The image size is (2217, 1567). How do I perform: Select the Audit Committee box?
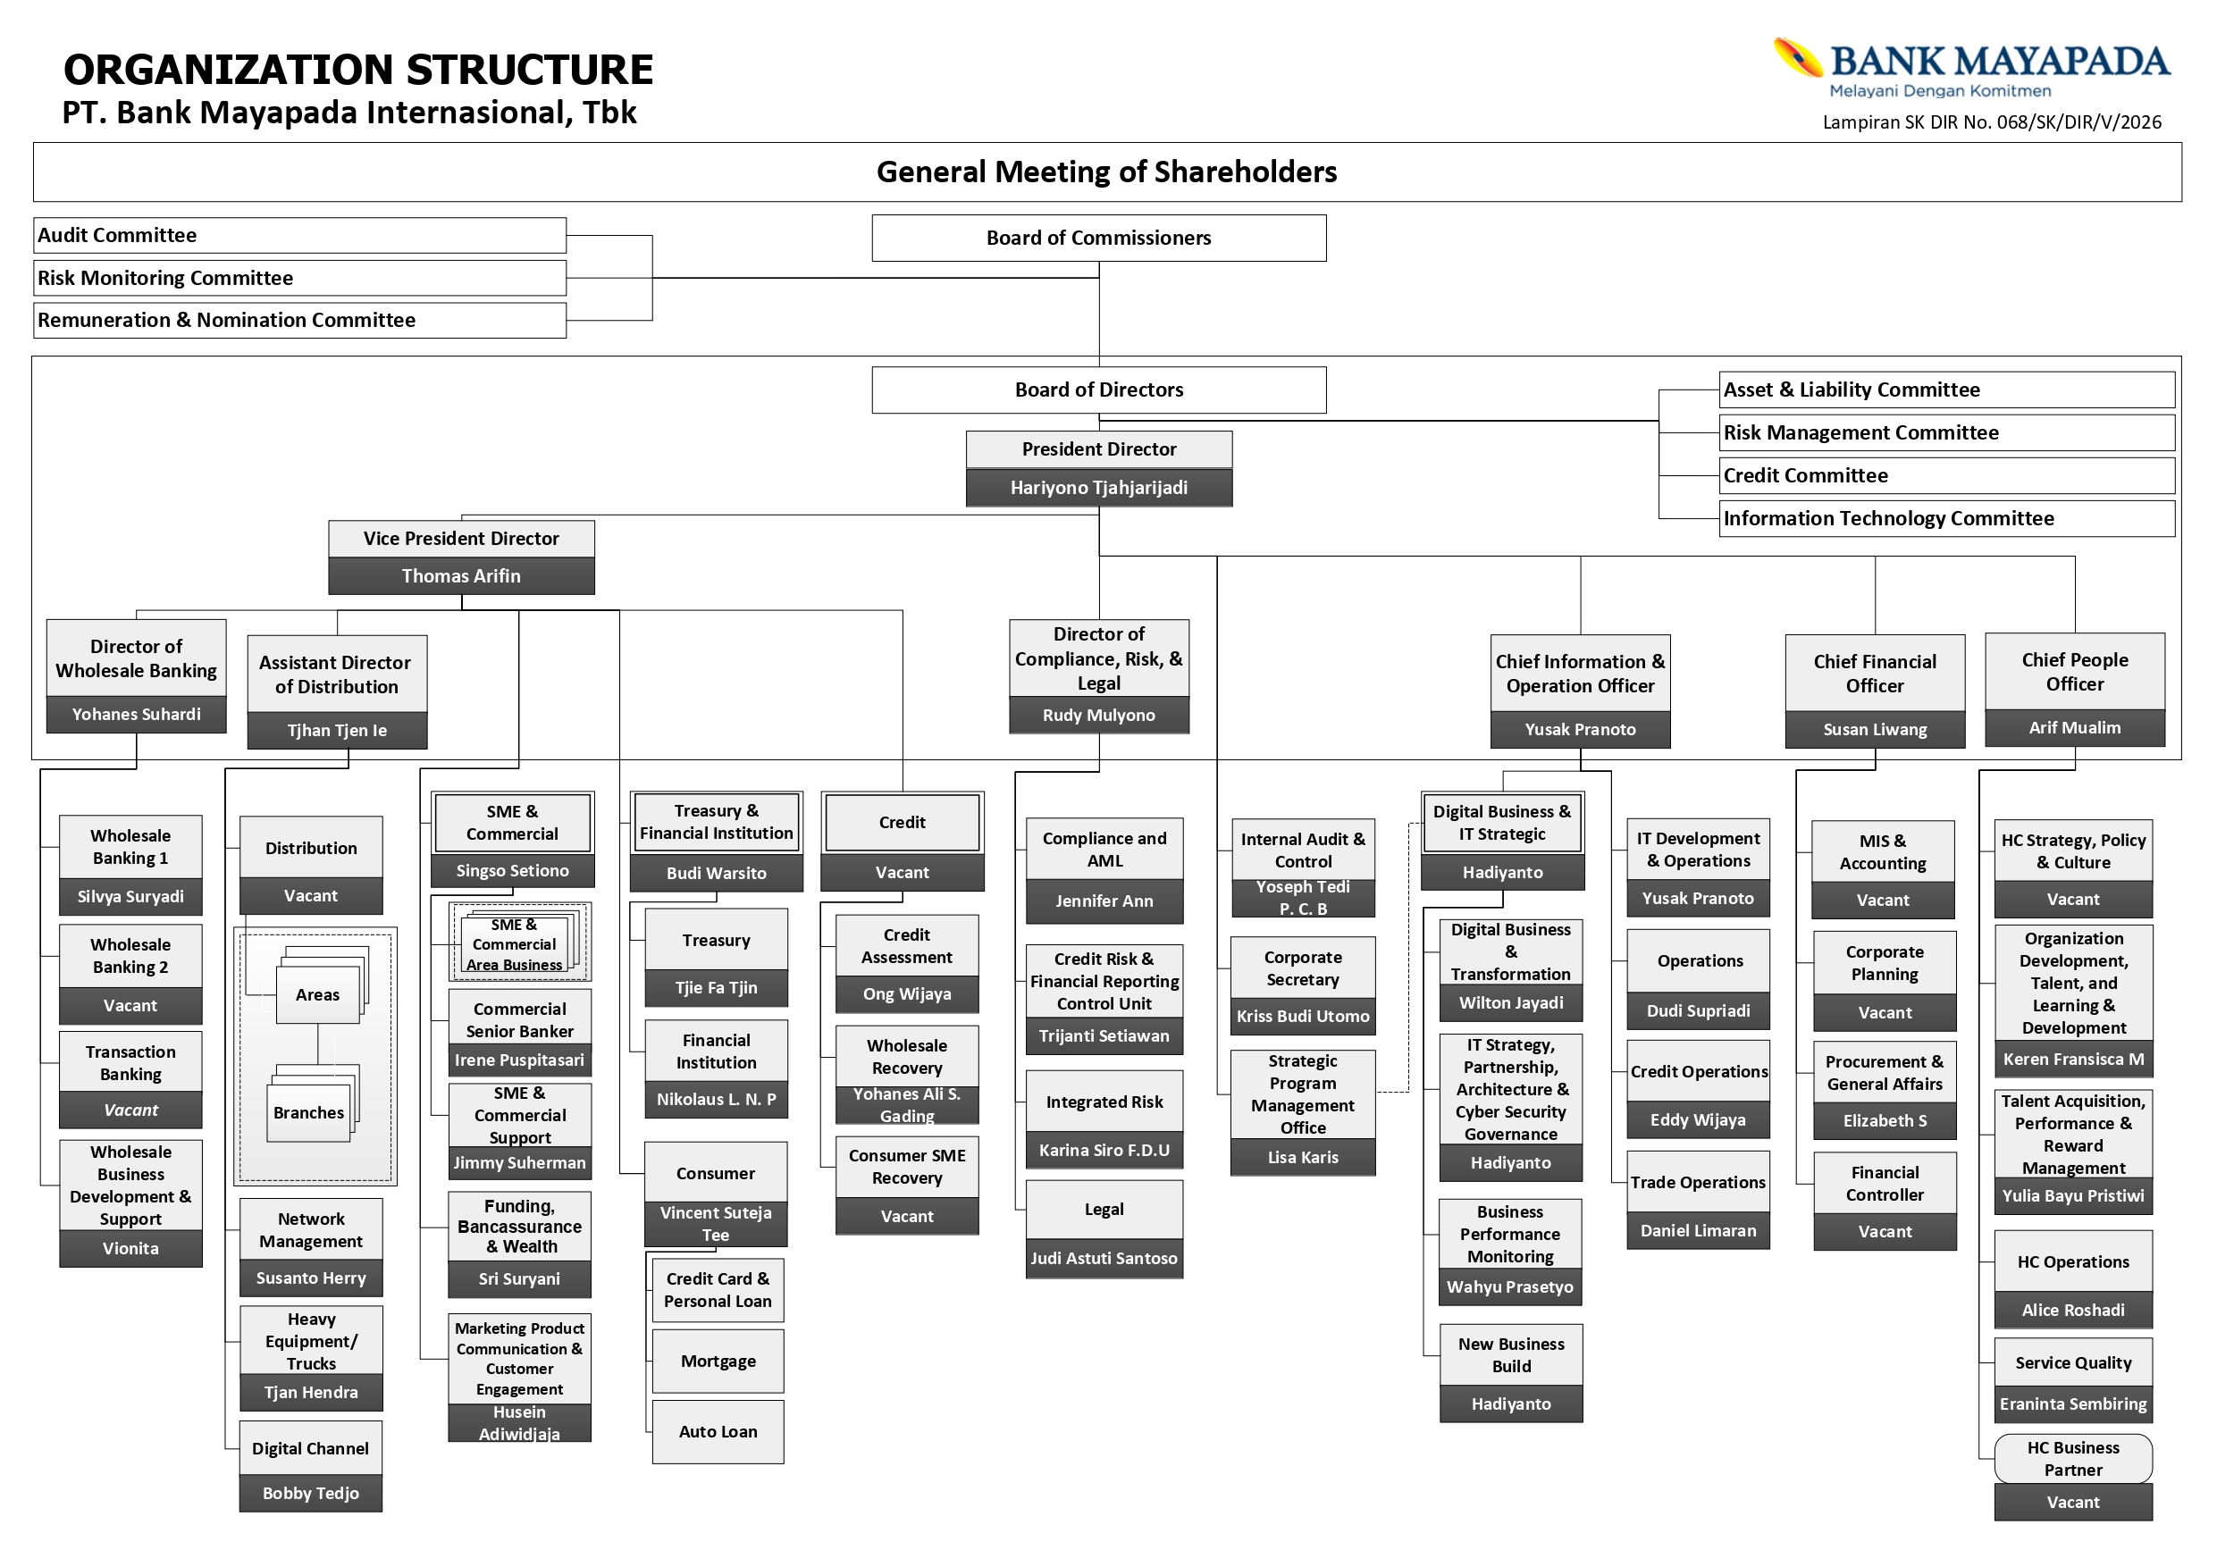pyautogui.click(x=299, y=236)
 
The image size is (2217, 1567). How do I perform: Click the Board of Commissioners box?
pyautogui.click(x=1099, y=238)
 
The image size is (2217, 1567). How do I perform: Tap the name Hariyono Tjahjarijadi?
pyautogui.click(x=1099, y=488)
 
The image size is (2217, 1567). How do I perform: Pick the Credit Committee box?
pyautogui.click(x=1946, y=475)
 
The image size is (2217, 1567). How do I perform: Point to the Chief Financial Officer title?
pyautogui.click(x=1874, y=673)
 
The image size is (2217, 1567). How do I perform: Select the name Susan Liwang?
pyautogui.click(x=1874, y=729)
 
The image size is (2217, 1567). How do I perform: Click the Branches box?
pyautogui.click(x=308, y=1112)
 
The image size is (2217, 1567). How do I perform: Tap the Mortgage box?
pyautogui.click(x=718, y=1362)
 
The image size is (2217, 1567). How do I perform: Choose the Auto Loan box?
pyautogui.click(x=718, y=1432)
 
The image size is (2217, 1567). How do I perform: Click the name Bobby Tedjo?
pyautogui.click(x=310, y=1493)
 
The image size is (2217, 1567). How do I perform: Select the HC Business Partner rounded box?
pyautogui.click(x=2073, y=1458)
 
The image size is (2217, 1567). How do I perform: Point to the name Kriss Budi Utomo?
pyautogui.click(x=1303, y=1016)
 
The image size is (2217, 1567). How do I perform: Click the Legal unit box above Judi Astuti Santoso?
pyautogui.click(x=1104, y=1210)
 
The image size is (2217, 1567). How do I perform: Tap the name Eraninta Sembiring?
pyautogui.click(x=2073, y=1404)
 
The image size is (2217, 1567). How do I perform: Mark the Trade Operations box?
pyautogui.click(x=1698, y=1182)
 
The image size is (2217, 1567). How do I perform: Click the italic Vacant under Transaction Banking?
pyautogui.click(x=130, y=1110)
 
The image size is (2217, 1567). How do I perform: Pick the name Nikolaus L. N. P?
pyautogui.click(x=716, y=1099)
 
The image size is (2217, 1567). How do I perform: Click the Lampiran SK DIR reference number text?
pyautogui.click(x=1991, y=122)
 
